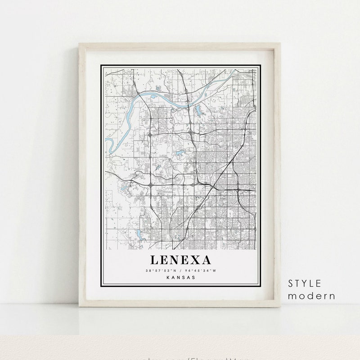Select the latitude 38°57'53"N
click(x=161, y=270)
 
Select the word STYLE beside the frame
click(x=305, y=283)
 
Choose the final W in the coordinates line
click(x=215, y=270)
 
